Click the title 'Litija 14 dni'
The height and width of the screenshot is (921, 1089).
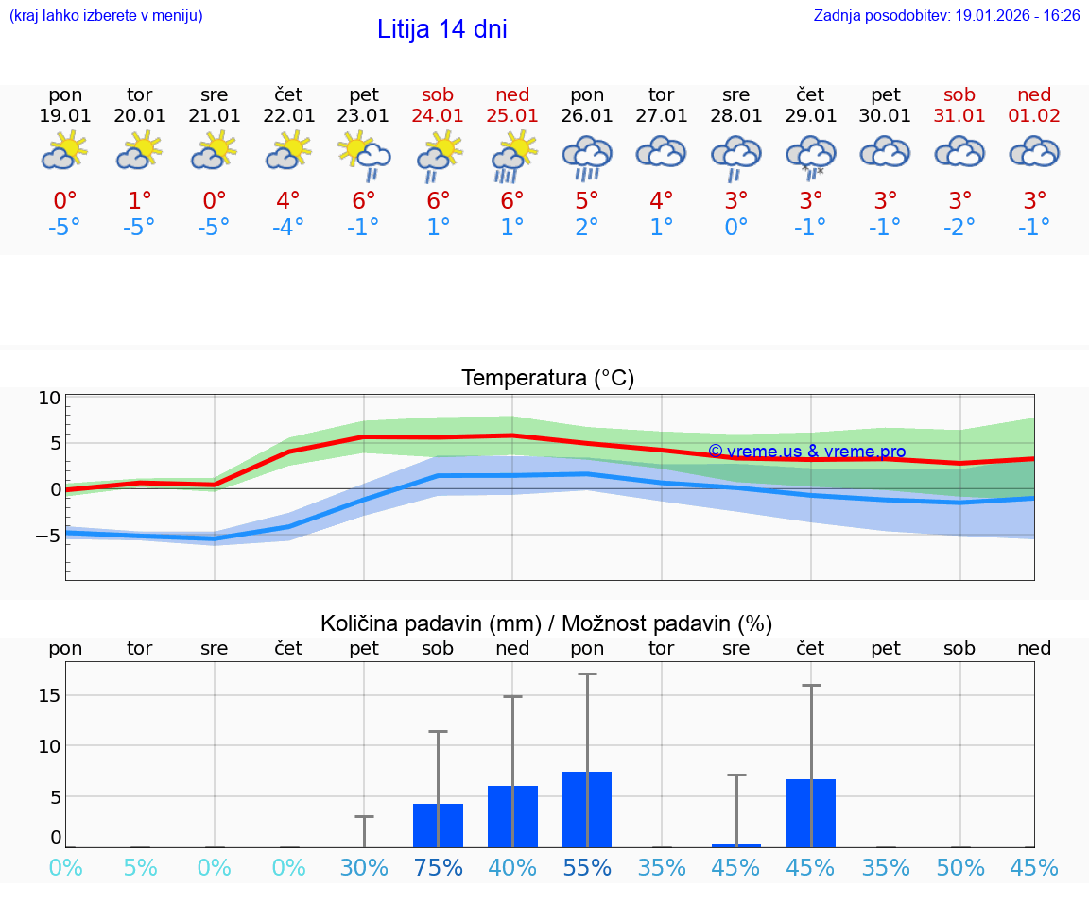(x=441, y=29)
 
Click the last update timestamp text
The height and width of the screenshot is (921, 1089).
(x=946, y=16)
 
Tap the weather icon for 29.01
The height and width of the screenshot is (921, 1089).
(x=811, y=155)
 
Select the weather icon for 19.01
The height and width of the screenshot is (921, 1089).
(x=65, y=151)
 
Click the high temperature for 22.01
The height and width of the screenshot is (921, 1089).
(x=288, y=201)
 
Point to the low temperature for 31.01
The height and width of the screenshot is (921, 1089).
(x=959, y=228)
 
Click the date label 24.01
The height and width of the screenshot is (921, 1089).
(x=438, y=115)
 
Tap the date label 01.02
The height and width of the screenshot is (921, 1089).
(x=1034, y=115)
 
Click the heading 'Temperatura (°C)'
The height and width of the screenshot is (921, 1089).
(x=547, y=379)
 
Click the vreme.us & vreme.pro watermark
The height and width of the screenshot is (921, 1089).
(x=806, y=452)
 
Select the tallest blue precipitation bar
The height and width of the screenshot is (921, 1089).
(x=587, y=810)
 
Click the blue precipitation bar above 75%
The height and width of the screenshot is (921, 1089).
(x=438, y=826)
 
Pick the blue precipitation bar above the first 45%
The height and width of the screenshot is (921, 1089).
(x=736, y=845)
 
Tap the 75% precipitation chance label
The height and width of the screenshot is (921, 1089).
(x=438, y=868)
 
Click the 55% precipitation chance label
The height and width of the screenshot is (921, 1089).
(x=587, y=868)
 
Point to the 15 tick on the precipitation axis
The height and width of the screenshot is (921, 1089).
(x=50, y=695)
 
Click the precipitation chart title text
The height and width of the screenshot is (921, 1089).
(x=546, y=623)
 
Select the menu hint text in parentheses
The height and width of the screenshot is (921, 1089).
(x=106, y=16)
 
